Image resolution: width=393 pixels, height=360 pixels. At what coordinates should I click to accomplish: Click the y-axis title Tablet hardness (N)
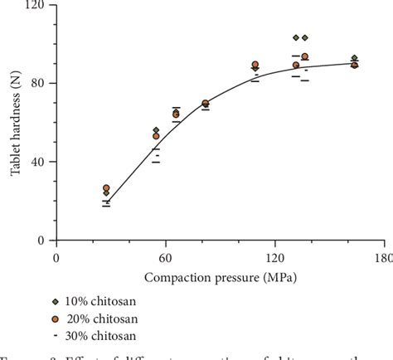pos(14,123)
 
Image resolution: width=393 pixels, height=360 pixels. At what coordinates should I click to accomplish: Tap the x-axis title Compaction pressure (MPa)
pos(220,275)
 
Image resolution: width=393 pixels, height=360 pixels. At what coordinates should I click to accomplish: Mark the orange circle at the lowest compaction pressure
pos(106,188)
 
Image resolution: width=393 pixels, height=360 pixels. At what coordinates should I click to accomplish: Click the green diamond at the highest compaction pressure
pos(355,58)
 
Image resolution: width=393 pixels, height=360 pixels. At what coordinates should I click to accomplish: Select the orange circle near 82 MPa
pos(206,104)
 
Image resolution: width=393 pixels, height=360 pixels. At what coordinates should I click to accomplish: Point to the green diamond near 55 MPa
pos(156,130)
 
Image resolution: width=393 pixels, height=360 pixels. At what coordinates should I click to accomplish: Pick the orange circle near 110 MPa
pos(255,65)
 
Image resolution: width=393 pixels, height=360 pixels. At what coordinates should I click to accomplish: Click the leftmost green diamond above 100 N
pos(296,37)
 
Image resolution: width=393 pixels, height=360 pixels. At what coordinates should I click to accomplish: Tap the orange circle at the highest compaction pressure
pos(355,65)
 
